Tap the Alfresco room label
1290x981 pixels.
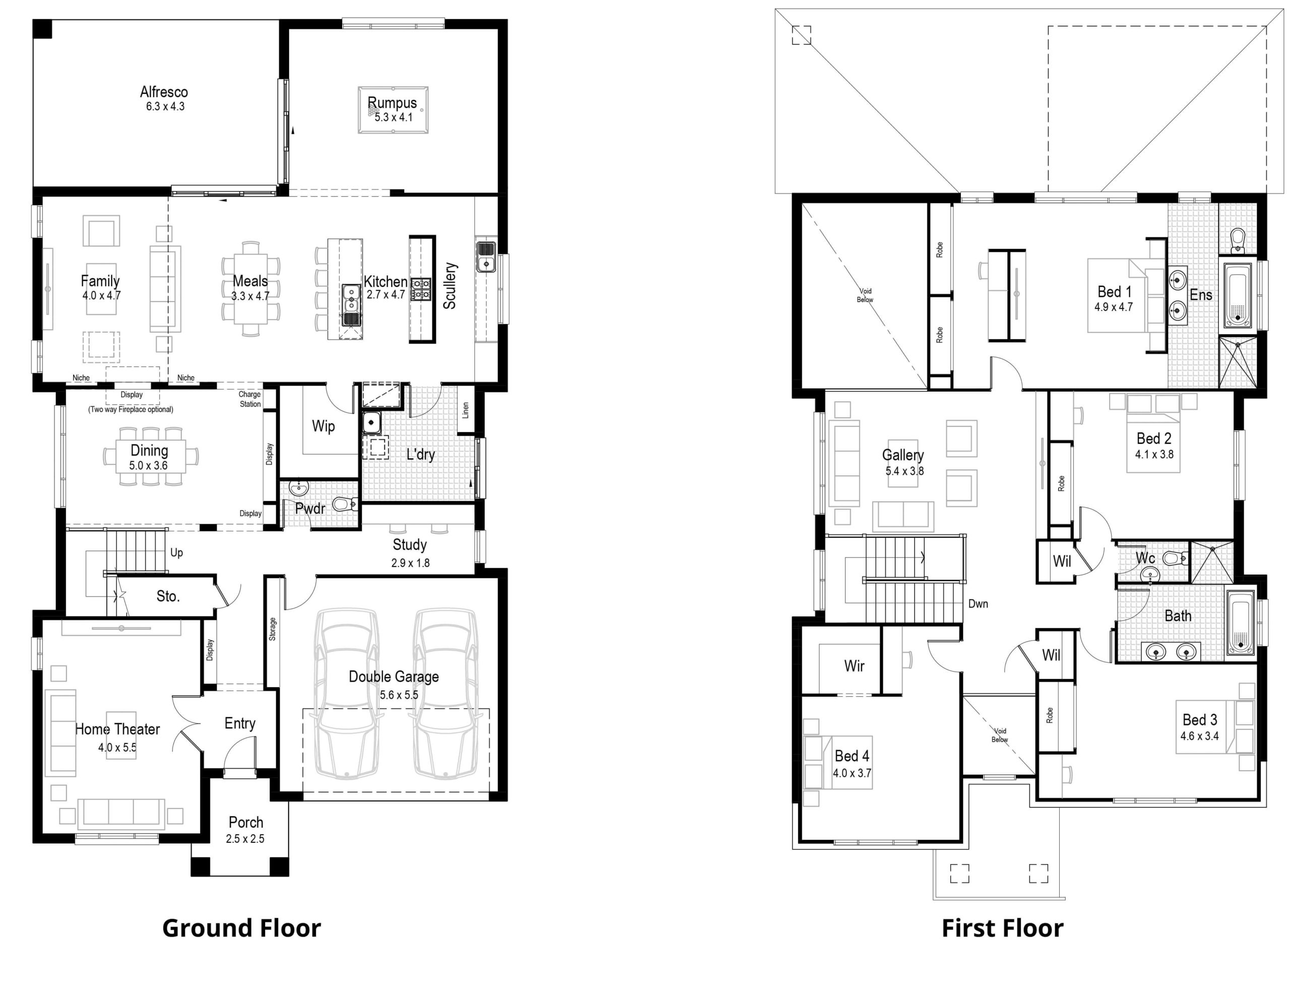(164, 92)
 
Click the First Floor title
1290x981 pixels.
(1002, 929)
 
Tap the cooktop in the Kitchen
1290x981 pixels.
(421, 289)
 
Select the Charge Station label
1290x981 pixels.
(250, 399)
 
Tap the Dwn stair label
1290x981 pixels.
(978, 604)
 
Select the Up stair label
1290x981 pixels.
(176, 553)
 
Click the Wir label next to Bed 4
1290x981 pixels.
(854, 665)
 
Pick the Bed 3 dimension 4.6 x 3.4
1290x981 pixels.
(1199, 737)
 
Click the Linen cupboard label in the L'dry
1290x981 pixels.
(465, 410)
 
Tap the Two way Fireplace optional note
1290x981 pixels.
(131, 409)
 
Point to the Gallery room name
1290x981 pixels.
(902, 455)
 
